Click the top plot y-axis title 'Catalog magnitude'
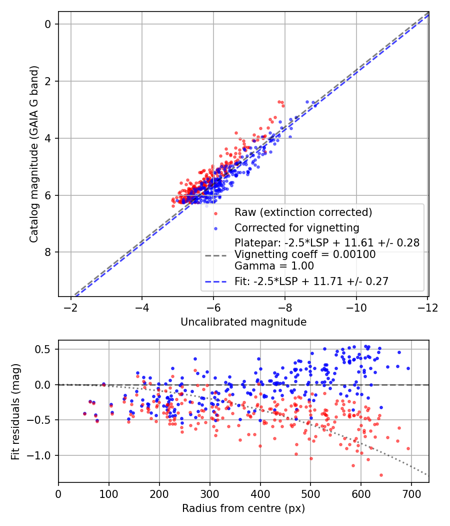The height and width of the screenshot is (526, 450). [33, 154]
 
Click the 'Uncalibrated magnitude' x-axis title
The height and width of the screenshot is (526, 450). [243, 322]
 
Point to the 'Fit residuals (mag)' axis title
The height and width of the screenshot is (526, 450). [15, 412]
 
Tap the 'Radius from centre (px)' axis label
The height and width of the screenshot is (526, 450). [243, 508]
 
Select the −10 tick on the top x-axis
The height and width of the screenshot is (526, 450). [356, 305]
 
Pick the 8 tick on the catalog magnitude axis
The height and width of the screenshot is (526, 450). [49, 252]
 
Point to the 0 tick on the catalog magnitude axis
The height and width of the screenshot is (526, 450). [49, 24]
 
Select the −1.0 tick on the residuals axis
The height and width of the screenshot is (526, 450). [43, 455]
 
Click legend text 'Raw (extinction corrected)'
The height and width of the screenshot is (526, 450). [303, 212]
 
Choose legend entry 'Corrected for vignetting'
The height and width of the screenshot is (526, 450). [297, 228]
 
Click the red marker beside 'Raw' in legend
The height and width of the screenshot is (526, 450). [215, 212]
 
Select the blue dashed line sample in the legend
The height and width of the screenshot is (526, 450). [215, 282]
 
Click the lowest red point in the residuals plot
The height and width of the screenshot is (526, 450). [381, 475]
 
